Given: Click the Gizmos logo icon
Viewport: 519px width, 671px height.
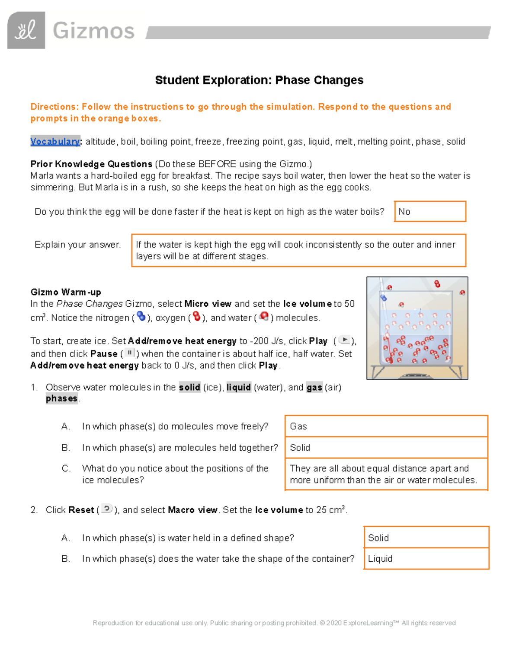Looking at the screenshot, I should [x=26, y=30].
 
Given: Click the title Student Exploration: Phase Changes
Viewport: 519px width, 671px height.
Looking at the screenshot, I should [x=259, y=80].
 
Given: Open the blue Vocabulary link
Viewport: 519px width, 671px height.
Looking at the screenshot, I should [x=55, y=142].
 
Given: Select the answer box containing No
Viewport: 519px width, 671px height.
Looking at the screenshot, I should [x=430, y=212].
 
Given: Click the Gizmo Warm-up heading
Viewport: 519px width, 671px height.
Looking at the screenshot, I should [x=66, y=292].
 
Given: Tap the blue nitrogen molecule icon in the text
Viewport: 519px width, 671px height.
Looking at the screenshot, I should [x=141, y=317].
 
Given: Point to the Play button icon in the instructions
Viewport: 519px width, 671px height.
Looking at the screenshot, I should [x=344, y=340].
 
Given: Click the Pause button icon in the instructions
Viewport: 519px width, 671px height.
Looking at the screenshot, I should [x=129, y=353].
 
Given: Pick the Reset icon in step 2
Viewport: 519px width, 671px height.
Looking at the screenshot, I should [x=107, y=509].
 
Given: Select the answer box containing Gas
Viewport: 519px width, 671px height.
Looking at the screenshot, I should [x=386, y=426].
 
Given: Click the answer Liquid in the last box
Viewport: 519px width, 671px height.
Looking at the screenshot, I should [x=381, y=559].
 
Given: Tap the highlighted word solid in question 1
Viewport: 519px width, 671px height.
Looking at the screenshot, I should [x=189, y=388].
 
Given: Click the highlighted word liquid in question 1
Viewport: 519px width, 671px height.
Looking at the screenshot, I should [x=239, y=388].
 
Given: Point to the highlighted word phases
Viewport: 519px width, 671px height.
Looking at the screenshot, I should [x=61, y=399].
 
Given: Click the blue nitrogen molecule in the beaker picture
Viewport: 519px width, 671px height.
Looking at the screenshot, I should [x=383, y=298].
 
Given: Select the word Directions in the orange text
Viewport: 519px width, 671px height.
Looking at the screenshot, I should [x=54, y=107].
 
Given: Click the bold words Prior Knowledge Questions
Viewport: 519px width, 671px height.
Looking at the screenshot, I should [x=91, y=164].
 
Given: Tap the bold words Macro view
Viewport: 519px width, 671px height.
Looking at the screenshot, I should [x=192, y=510].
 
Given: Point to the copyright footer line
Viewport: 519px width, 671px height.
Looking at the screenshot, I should [x=274, y=623].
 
